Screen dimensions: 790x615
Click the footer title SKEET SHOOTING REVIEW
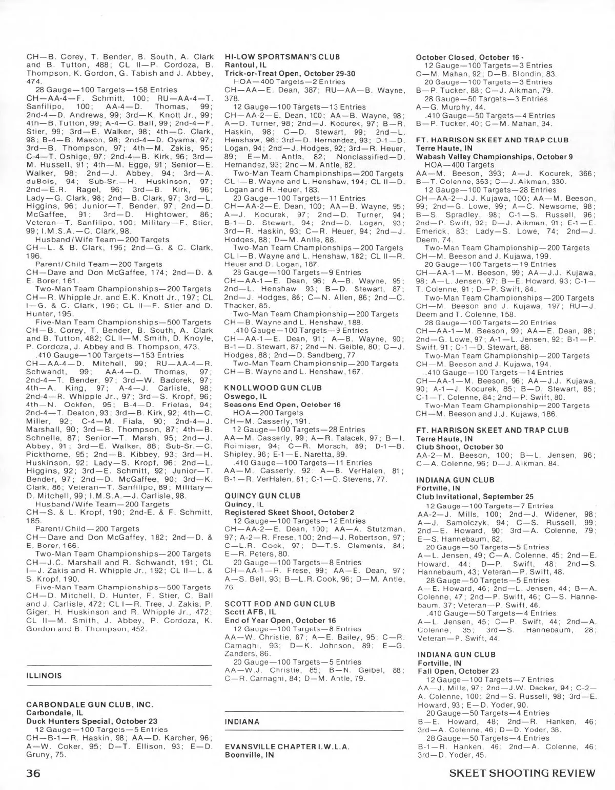522,773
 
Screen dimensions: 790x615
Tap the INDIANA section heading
242,721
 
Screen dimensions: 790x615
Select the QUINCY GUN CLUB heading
255,496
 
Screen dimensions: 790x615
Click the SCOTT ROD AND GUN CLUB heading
273,604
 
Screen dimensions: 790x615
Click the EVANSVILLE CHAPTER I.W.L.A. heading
287,746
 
